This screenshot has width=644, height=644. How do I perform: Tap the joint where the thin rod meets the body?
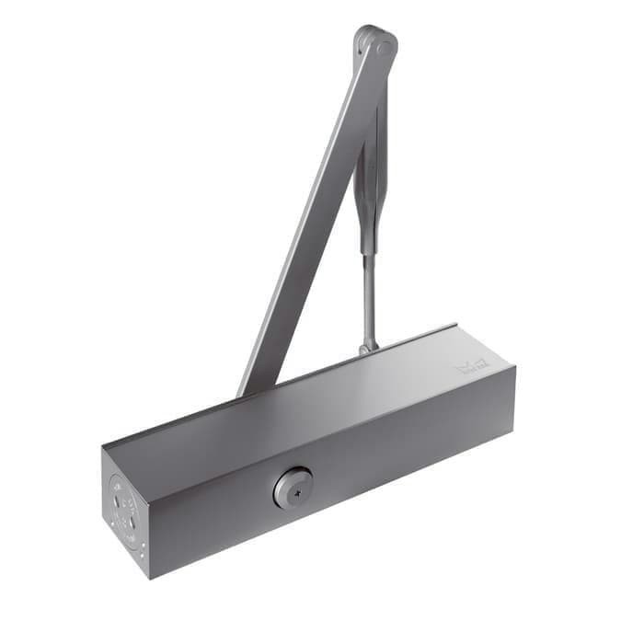(368, 347)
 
